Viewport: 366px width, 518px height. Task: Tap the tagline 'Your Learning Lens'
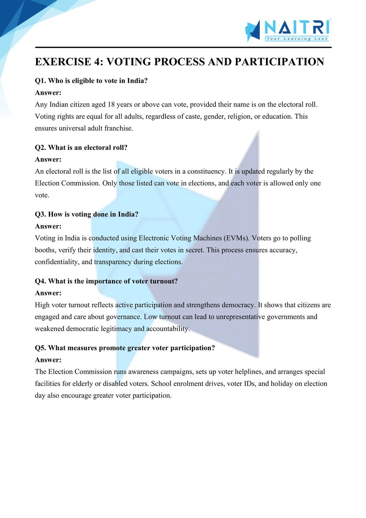[x=297, y=39]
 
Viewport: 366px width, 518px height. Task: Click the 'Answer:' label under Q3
[x=48, y=226]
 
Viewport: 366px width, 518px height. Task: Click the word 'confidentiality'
[x=57, y=262]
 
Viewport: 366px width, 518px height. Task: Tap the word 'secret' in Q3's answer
[x=195, y=250]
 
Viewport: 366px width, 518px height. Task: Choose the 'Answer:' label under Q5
[x=48, y=360]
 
